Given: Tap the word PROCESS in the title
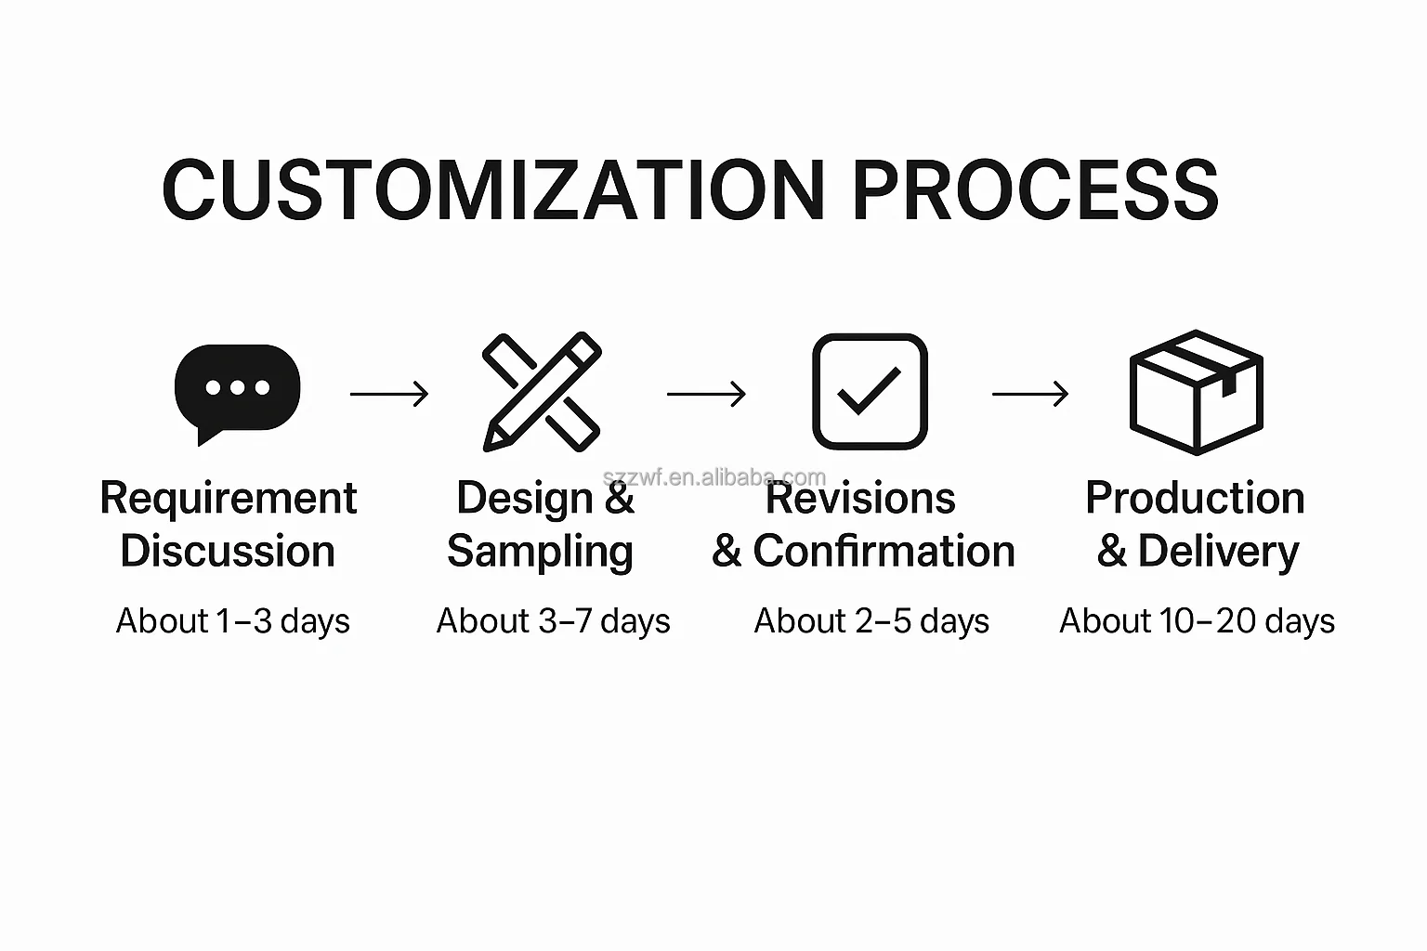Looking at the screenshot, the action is coord(1035,189).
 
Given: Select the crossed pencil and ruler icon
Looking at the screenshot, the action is coord(543,392).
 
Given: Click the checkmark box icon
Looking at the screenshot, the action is coord(870,391).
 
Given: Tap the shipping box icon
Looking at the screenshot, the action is coord(1196,392).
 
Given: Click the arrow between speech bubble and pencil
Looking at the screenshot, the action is coord(389,394).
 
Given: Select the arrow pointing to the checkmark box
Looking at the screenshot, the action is coord(706,394).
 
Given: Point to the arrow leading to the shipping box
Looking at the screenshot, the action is coord(1030,394).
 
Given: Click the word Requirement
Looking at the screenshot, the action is coord(228,498).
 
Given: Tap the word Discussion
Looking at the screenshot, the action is coord(228,551).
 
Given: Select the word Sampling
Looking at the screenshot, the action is coord(540,552).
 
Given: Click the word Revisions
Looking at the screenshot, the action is coord(860,498).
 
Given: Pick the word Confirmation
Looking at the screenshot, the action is coord(884,551).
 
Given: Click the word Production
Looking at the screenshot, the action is coord(1195,498).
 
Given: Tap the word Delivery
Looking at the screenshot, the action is coord(1218,552).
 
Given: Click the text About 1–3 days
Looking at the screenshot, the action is coord(232,621).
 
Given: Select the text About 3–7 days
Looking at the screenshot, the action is coord(553,621).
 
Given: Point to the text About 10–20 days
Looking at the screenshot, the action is coord(1197,621).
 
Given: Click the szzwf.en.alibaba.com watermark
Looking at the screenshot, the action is coord(714,476).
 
